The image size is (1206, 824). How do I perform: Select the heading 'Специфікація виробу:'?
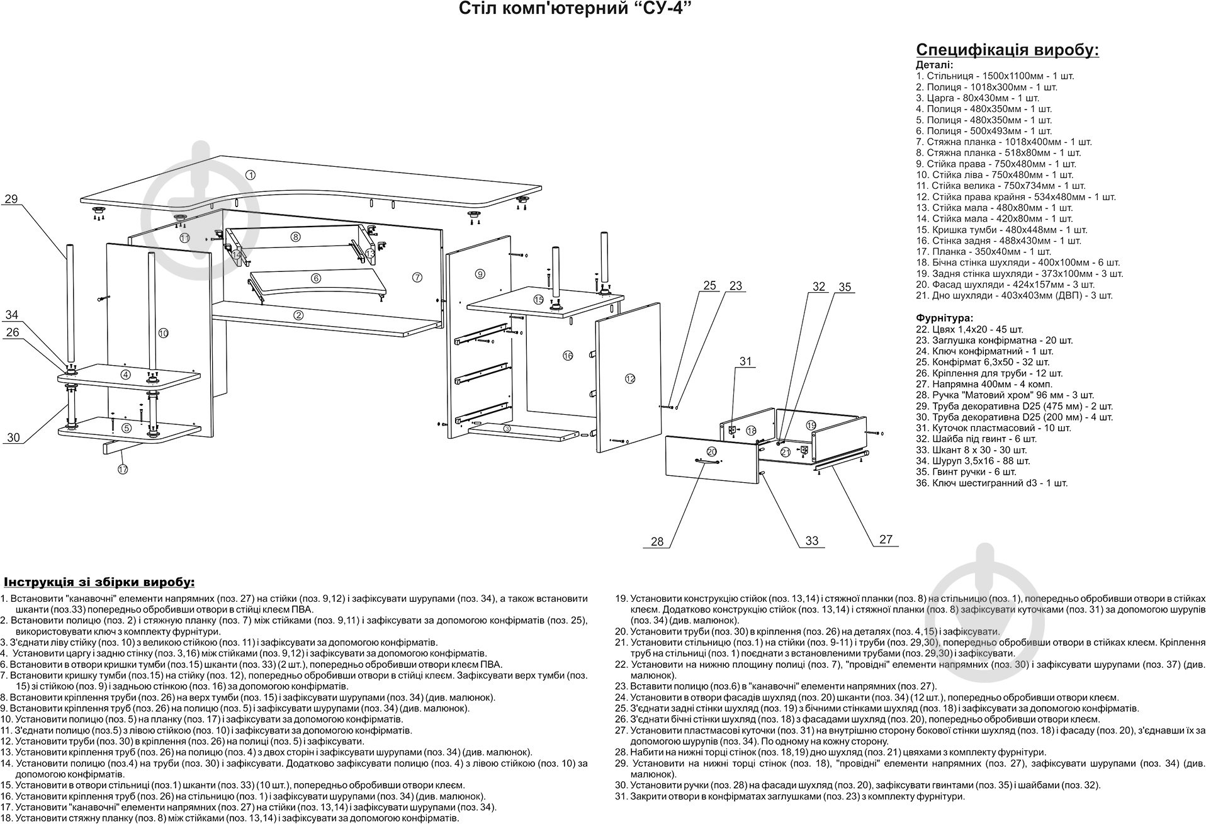click(x=1007, y=50)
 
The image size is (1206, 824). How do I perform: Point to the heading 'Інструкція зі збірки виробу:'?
click(x=99, y=580)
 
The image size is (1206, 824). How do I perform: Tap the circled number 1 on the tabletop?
click(x=250, y=175)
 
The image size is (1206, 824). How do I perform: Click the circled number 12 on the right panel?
click(x=630, y=378)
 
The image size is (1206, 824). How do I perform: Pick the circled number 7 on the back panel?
click(x=416, y=278)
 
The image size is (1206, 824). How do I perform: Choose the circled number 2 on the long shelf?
click(x=298, y=315)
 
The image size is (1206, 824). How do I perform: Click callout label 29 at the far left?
click(x=11, y=199)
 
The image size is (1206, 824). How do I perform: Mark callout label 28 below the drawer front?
click(x=657, y=541)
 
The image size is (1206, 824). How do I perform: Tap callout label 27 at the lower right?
click(x=886, y=539)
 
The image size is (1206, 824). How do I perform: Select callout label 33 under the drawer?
click(x=812, y=541)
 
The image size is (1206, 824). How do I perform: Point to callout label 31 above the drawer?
click(x=746, y=361)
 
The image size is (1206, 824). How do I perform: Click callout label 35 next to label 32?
click(x=845, y=287)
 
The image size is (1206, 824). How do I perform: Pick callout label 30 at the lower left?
click(x=13, y=437)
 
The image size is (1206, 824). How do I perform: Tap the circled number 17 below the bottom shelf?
click(x=122, y=469)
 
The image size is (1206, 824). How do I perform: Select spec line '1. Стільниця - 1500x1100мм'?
click(x=995, y=76)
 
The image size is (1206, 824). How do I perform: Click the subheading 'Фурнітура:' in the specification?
click(x=944, y=318)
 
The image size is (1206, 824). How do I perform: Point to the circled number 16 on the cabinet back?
click(x=568, y=356)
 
